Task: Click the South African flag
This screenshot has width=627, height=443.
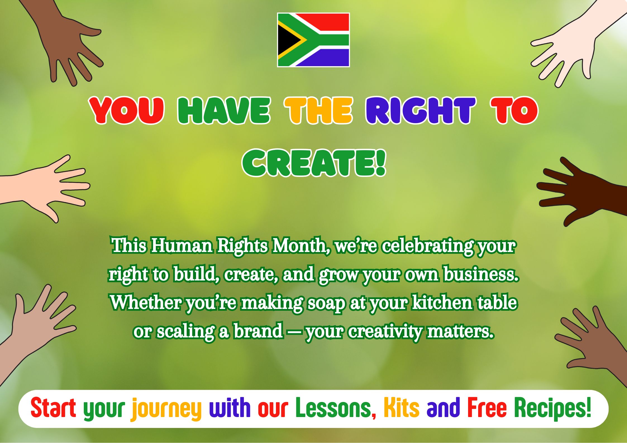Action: pos(313,40)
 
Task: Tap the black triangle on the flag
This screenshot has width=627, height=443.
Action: pos(288,40)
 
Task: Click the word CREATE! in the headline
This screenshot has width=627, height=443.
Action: pos(314,163)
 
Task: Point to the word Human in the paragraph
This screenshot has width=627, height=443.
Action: pos(182,246)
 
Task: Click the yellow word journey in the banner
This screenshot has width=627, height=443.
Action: pos(166,409)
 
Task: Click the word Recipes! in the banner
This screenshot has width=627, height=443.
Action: pos(552,408)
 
